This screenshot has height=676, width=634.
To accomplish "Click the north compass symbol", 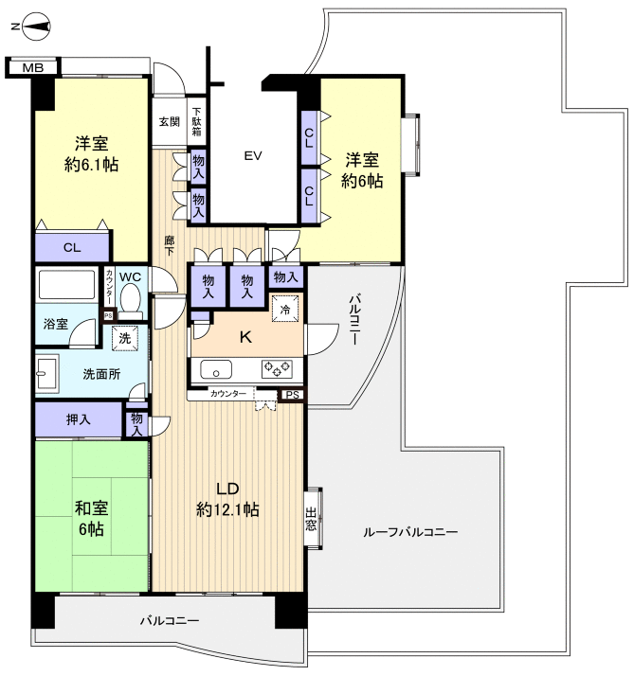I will (31, 27).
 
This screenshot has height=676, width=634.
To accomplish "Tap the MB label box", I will (32, 67).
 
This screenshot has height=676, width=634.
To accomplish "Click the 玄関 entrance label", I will (169, 121).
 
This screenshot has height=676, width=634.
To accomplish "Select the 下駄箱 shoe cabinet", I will (197, 121).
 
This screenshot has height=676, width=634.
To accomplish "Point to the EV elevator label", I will (252, 155).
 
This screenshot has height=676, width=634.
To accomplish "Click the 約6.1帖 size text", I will (92, 164).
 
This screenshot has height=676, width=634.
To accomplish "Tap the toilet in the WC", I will (132, 298).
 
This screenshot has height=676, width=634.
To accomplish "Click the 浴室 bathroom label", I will (55, 325).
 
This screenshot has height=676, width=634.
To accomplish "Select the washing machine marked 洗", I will (123, 336).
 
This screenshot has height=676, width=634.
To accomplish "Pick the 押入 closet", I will (79, 419).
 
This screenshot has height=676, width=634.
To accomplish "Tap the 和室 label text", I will (92, 506).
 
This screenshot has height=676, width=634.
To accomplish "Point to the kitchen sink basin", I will (215, 369).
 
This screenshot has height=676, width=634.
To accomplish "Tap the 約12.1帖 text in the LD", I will (227, 509).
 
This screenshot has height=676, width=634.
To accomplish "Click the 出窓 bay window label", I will (311, 518).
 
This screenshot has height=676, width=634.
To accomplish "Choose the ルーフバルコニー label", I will (410, 533).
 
